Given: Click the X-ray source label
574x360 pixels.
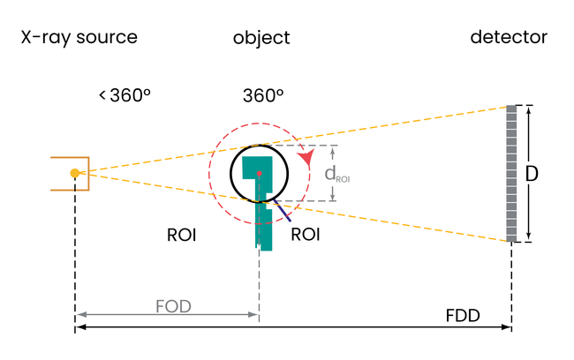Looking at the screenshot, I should [x=79, y=38].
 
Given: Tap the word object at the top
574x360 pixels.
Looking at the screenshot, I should [x=261, y=39].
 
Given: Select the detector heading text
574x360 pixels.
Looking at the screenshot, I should [x=509, y=38].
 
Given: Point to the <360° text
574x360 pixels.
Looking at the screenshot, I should [x=125, y=95].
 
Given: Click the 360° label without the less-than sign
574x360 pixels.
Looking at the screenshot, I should [x=263, y=95].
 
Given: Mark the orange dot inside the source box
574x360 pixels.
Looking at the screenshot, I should [x=76, y=173].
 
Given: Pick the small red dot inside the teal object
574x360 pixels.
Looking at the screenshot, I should [x=260, y=173].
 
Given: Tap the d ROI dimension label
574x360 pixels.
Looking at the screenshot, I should [x=337, y=174].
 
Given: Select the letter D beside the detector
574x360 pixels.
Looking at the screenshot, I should [x=532, y=175].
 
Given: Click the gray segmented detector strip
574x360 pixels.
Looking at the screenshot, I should [x=510, y=173].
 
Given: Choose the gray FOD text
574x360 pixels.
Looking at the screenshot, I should [x=173, y=307].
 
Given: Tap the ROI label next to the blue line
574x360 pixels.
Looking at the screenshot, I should [x=305, y=236].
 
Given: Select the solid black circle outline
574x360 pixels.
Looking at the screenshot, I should [x=231, y=173].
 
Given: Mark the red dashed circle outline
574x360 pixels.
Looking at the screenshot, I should [x=209, y=173].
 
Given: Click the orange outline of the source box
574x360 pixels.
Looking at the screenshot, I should [x=51, y=173].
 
